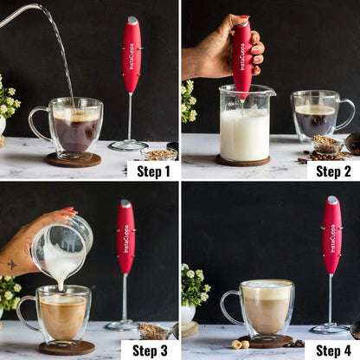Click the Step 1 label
point(153,170)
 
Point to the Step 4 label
point(333,350)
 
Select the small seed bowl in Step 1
point(158,154)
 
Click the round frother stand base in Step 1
point(128,145)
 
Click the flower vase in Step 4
point(188,312)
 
